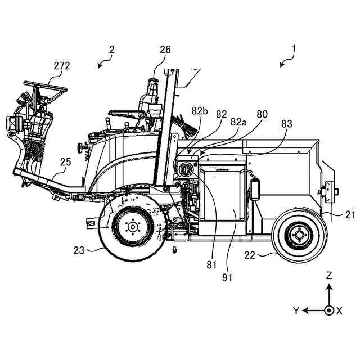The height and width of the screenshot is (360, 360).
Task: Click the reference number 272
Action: tap(61, 66)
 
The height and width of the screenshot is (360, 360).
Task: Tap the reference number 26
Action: tap(165, 50)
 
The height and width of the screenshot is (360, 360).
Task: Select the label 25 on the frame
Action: tap(66, 163)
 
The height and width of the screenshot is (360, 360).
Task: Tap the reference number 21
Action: tap(350, 214)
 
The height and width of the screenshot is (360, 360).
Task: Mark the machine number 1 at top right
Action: tap(293, 50)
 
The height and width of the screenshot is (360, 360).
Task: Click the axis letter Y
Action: tap(295, 310)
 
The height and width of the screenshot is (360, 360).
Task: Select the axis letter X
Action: tap(339, 310)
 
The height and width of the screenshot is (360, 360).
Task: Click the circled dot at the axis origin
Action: tap(329, 310)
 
